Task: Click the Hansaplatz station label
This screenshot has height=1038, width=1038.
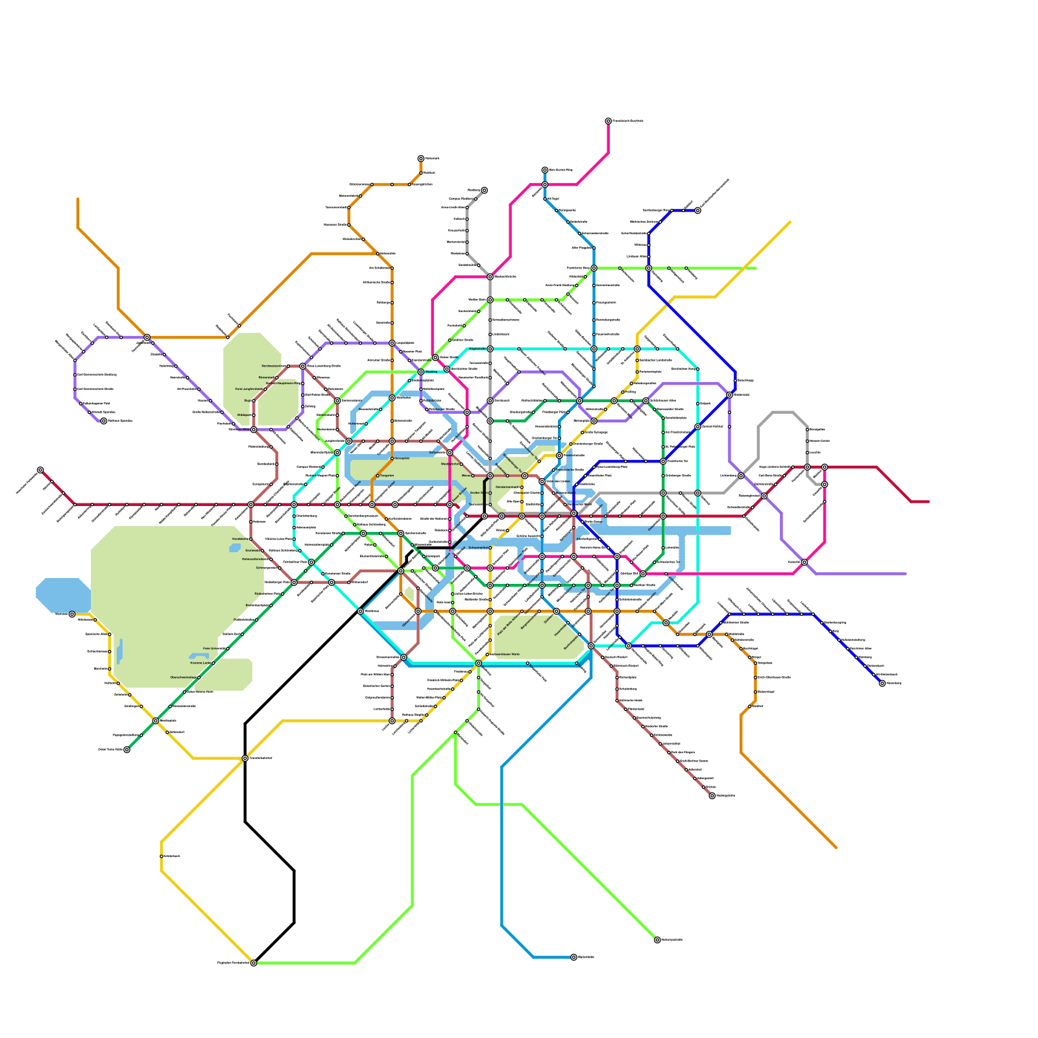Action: point(402,459)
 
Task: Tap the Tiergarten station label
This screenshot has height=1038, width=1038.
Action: point(387,476)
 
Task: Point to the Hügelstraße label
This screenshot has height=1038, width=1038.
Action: point(477,348)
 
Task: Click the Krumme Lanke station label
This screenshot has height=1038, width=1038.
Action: point(200,663)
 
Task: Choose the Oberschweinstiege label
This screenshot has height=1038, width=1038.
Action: point(184,677)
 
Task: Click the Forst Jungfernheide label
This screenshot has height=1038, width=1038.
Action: point(247,389)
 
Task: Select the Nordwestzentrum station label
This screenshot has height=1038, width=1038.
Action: point(274,366)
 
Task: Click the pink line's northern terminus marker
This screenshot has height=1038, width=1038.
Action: point(609,121)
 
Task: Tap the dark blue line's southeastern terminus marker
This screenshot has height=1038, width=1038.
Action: point(882,683)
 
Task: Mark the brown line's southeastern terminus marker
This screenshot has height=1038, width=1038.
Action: point(712,795)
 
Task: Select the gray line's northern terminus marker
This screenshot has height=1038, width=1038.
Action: point(484,191)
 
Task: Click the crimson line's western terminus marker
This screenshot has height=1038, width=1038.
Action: point(40,470)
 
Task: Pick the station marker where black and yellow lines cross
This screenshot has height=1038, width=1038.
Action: point(245,758)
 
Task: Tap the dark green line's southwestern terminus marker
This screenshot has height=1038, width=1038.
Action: point(127,749)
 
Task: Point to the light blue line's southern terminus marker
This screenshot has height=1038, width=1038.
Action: point(573,957)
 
